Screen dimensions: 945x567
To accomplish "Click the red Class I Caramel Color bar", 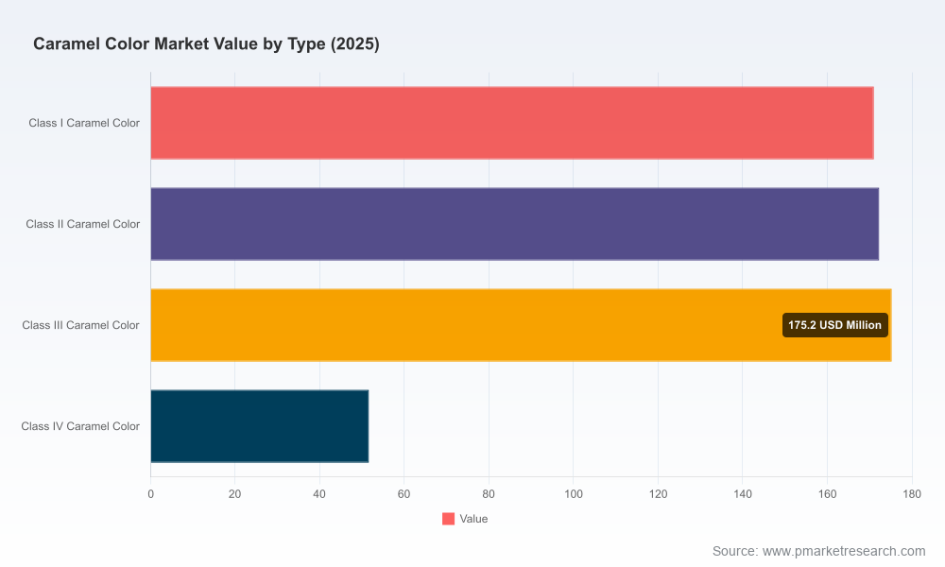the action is (511, 123).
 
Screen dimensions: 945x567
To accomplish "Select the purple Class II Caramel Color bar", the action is (514, 224).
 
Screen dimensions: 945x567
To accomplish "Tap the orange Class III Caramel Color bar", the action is (521, 325).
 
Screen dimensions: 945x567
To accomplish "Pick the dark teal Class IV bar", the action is (259, 426).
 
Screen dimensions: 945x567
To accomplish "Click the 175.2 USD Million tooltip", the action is (834, 325).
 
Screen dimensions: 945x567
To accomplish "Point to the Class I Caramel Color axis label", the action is (84, 123).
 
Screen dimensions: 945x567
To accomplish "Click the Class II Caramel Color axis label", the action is (82, 224).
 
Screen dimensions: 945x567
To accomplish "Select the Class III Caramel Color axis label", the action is (80, 325).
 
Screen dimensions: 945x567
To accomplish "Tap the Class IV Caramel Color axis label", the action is (80, 426).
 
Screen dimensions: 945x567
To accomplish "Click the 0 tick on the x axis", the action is (150, 494).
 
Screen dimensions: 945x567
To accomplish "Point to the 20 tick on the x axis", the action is (235, 494).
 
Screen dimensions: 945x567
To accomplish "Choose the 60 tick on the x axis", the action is (404, 494).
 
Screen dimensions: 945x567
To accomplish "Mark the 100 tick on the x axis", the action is (574, 494).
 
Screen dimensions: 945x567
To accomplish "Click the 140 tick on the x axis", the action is (743, 494).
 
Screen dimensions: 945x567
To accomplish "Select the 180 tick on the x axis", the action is (912, 494).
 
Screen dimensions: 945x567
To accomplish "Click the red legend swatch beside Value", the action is (448, 519).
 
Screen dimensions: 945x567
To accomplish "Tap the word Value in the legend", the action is (473, 519).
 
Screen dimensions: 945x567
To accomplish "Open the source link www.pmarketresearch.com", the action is (844, 551).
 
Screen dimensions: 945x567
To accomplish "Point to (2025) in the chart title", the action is (355, 44).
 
